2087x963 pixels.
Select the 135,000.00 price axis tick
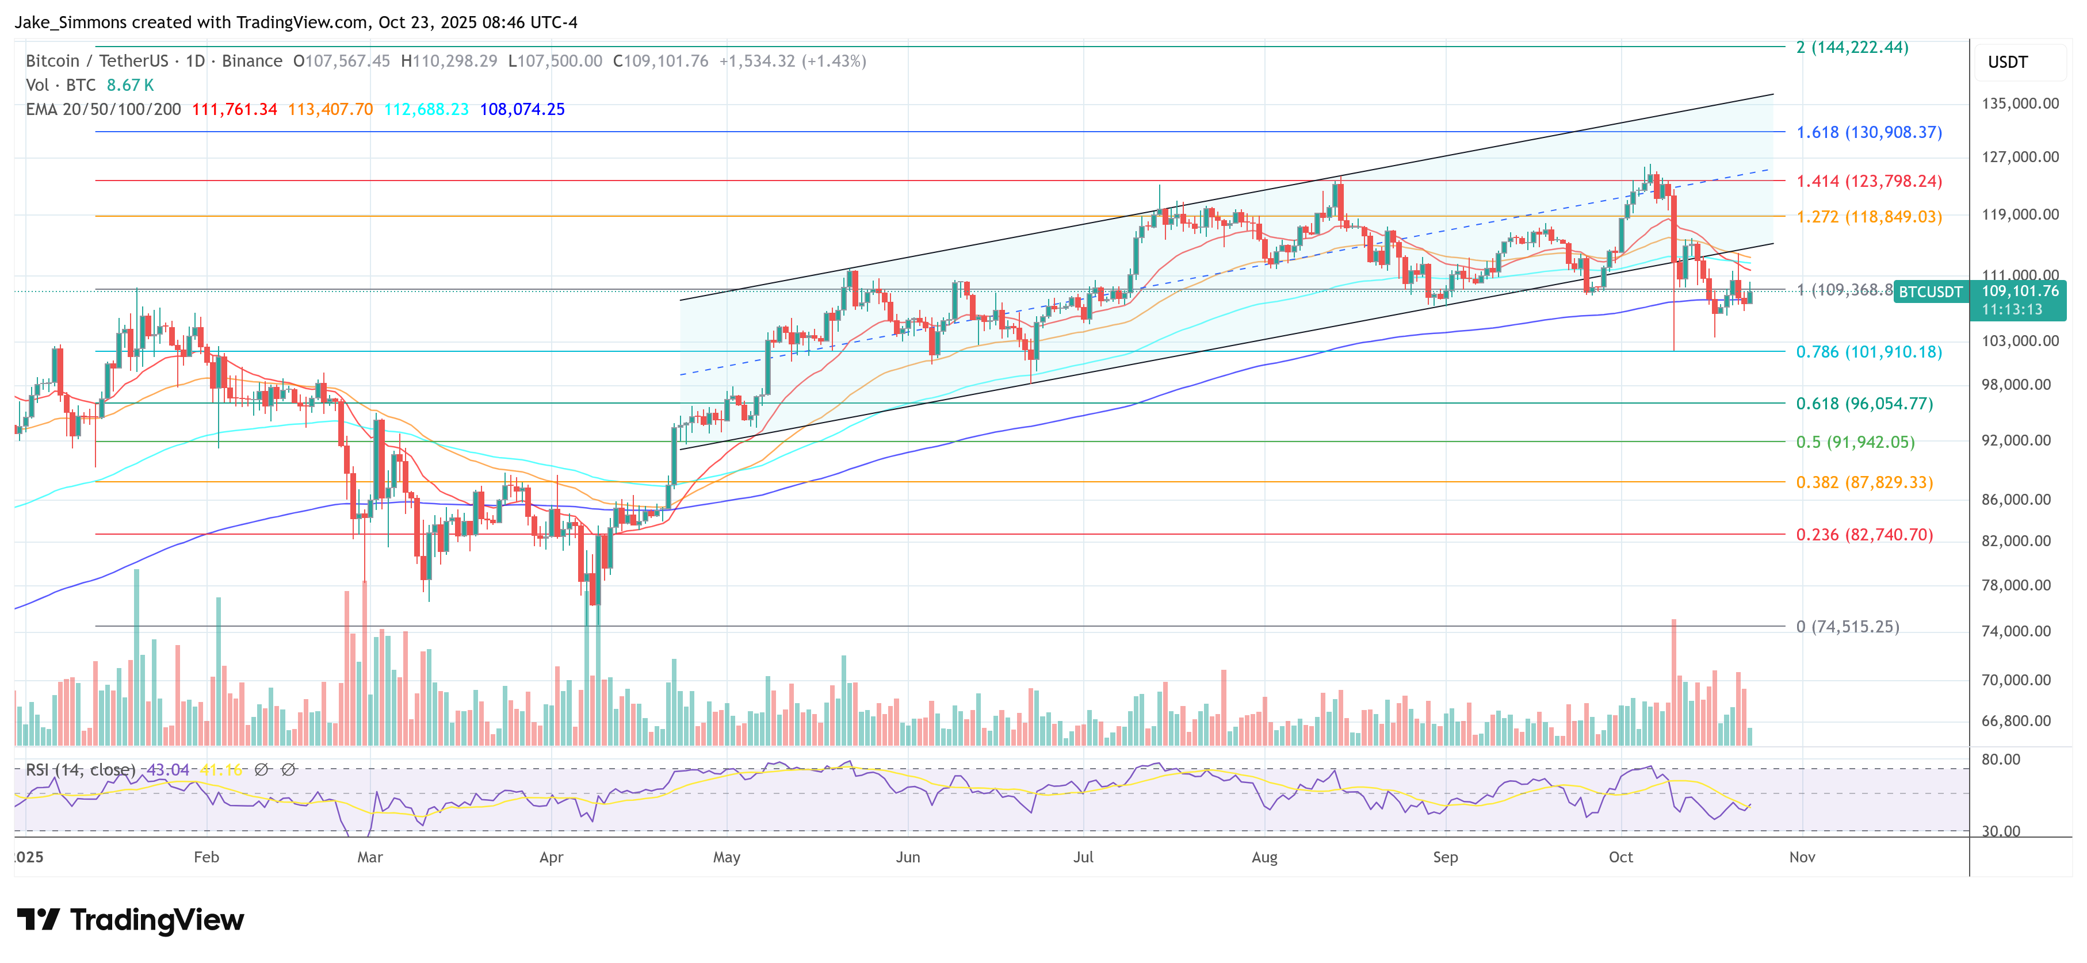[x=2020, y=103]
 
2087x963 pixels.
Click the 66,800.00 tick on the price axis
[x=2016, y=721]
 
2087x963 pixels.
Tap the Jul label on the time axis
[x=1083, y=857]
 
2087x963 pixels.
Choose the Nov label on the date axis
[x=1802, y=857]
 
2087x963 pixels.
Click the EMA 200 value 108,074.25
[x=522, y=109]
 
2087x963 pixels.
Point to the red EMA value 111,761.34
[x=234, y=109]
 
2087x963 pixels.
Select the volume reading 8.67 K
[x=129, y=85]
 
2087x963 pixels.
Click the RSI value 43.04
[x=168, y=769]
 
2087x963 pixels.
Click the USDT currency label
[x=2007, y=62]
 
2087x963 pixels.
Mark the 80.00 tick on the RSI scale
[x=2000, y=759]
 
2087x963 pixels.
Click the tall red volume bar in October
[x=1674, y=682]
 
